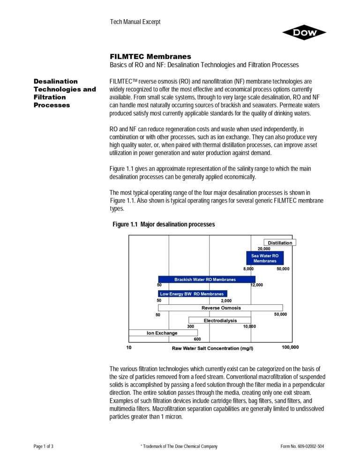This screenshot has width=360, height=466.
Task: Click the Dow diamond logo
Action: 304,32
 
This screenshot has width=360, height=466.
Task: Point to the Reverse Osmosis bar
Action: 221,308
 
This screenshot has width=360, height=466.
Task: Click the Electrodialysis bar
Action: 220,320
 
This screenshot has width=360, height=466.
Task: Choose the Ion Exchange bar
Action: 163,333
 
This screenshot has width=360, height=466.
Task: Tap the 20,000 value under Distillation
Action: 264,248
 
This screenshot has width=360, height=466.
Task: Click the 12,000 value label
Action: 257,285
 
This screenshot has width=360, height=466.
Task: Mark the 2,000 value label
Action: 226,300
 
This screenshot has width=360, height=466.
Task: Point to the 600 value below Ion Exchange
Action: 197,339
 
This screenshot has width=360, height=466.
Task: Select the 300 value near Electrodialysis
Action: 191,326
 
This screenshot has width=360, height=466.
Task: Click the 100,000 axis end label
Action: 290,347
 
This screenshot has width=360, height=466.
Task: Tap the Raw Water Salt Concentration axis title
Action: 212,348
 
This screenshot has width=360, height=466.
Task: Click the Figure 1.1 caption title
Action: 164,225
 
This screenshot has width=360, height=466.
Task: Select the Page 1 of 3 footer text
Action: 44,446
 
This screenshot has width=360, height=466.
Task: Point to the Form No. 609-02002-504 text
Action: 302,446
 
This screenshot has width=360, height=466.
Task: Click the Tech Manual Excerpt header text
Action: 135,22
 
